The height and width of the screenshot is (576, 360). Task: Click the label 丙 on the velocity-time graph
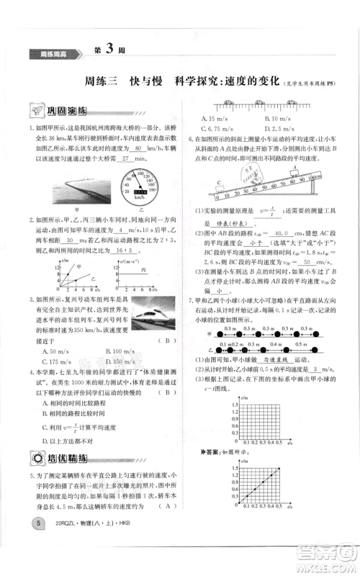138,272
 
